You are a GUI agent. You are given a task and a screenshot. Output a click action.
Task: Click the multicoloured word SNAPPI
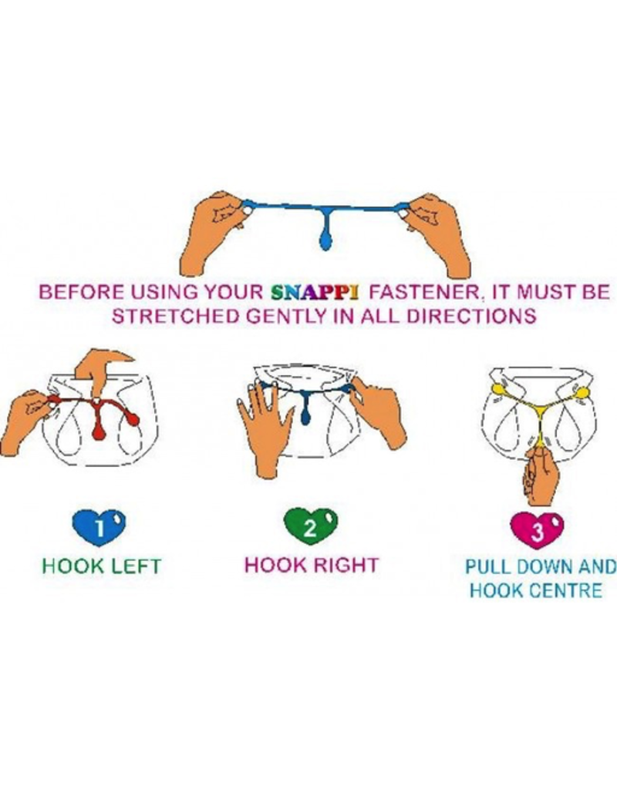click(315, 292)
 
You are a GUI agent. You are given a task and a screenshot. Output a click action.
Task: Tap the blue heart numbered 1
click(99, 527)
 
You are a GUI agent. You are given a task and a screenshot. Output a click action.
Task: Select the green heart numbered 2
click(311, 527)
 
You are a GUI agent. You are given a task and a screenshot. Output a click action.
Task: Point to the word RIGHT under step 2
click(346, 565)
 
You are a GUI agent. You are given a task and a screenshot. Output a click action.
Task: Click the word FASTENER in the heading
click(426, 292)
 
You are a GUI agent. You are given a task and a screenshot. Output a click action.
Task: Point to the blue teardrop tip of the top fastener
click(326, 243)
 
